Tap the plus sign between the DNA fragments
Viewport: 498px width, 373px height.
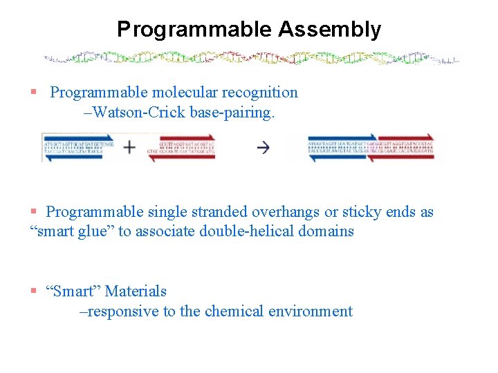pyautogui.click(x=129, y=147)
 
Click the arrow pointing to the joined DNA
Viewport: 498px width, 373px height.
pyautogui.click(x=263, y=147)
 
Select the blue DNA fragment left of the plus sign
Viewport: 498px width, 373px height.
pyautogui.click(x=73, y=147)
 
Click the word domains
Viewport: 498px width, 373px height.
pyautogui.click(x=327, y=231)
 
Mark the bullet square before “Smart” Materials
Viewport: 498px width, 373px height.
pyautogui.click(x=33, y=291)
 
